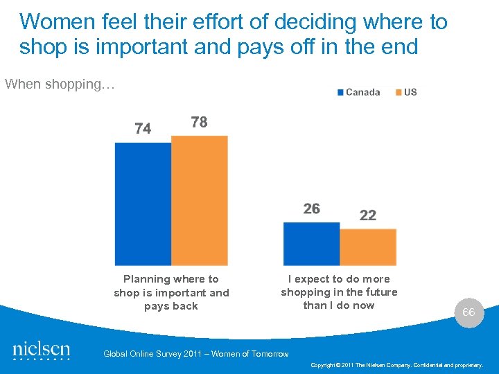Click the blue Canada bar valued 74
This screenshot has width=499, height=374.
click(143, 204)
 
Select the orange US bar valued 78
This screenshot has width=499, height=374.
click(200, 200)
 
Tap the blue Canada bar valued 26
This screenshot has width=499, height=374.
click(311, 244)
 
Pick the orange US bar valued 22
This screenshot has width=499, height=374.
click(368, 247)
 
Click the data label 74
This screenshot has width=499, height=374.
click(143, 129)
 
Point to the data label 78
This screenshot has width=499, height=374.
click(199, 123)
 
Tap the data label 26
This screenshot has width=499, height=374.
click(311, 209)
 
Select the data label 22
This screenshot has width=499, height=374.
click(368, 215)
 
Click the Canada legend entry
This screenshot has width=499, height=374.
click(362, 92)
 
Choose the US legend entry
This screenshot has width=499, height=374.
click(410, 92)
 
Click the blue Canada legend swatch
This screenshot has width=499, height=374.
click(340, 92)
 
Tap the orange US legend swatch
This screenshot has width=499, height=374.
click(399, 92)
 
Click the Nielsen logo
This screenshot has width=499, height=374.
click(42, 350)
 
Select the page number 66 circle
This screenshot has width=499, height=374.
click(469, 312)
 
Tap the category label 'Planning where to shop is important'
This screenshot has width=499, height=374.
click(171, 292)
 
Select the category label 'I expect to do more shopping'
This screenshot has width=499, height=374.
click(339, 292)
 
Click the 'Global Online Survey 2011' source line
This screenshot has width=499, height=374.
click(195, 354)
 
